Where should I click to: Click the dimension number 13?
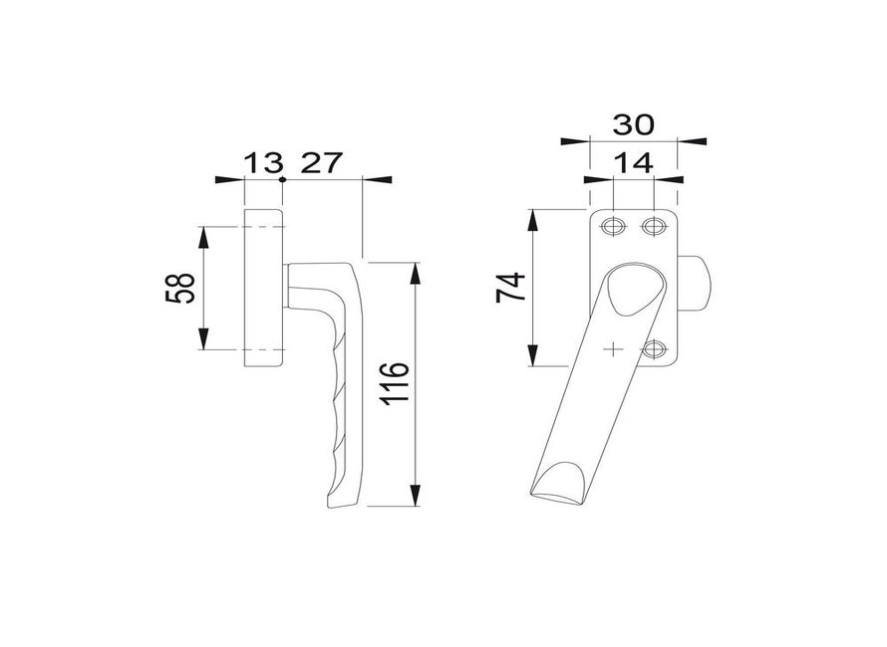[x=263, y=163]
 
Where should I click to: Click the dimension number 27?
[x=321, y=163]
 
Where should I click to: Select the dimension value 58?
[x=180, y=289]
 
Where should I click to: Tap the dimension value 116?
[x=395, y=383]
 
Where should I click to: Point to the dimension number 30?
[x=633, y=124]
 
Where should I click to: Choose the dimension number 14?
[x=633, y=163]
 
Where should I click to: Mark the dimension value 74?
[x=511, y=288]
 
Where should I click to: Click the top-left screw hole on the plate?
[x=613, y=227]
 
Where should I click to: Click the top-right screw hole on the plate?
[x=653, y=227]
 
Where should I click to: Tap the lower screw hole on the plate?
[x=653, y=349]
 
